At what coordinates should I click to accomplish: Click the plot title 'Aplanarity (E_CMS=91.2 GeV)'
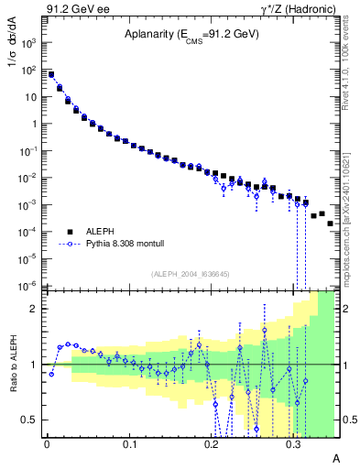point(191,35)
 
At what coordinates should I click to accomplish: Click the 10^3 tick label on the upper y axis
point(29,43)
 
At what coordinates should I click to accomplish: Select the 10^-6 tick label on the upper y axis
point(29,286)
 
